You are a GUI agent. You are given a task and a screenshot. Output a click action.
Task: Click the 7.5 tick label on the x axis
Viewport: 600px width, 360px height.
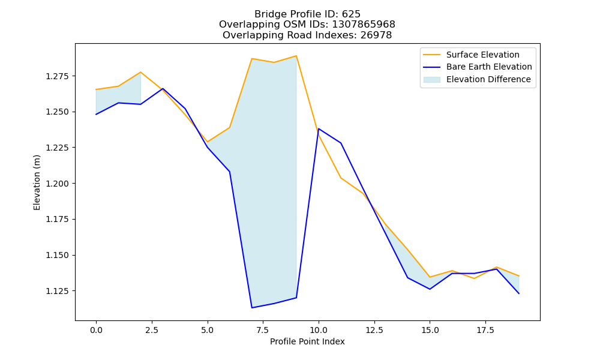(263, 330)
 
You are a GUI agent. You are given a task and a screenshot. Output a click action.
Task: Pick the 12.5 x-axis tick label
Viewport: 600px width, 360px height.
(374, 330)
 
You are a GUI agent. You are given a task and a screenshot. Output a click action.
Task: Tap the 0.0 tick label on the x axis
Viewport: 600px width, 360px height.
(96, 330)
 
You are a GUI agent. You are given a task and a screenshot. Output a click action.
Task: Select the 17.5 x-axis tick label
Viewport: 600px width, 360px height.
(485, 330)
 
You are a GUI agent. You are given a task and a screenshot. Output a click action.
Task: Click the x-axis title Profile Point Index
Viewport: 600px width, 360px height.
(307, 341)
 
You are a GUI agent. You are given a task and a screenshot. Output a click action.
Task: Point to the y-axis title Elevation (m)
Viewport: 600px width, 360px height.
(37, 182)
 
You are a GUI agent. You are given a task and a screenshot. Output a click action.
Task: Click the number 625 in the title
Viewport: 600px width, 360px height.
(351, 14)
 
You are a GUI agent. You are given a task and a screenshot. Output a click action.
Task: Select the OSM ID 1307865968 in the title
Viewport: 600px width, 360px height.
(364, 25)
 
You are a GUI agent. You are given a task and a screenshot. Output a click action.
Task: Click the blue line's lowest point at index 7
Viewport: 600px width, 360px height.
(252, 308)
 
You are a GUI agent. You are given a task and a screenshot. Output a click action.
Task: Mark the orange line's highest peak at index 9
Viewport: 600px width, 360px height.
(296, 56)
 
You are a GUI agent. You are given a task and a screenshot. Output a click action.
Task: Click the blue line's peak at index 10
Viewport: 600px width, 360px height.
(319, 128)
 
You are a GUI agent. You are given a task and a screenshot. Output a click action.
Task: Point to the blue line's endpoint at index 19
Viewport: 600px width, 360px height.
(519, 293)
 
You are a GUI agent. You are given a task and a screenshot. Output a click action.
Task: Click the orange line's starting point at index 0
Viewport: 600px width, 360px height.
(96, 89)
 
